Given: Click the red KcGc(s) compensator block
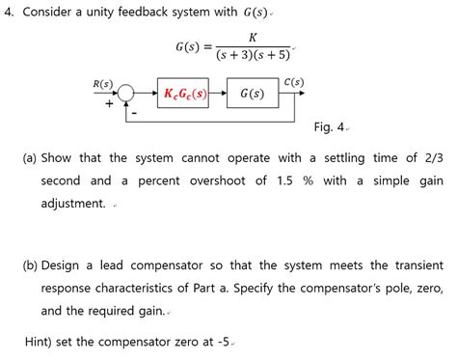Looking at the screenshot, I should [x=186, y=94].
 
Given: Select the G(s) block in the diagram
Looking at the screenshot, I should [x=252, y=94].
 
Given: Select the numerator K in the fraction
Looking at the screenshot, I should [x=252, y=37].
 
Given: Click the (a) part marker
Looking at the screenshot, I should [x=30, y=157].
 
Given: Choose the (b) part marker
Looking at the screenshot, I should [x=30, y=238].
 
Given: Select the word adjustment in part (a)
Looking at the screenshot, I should [x=72, y=204].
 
